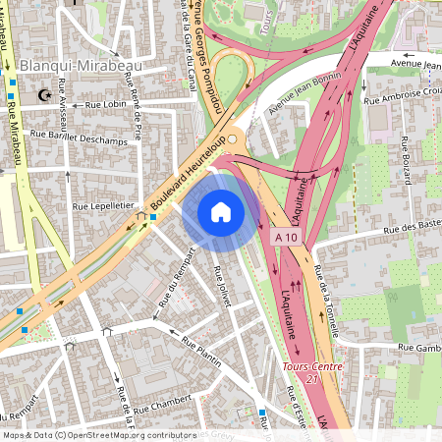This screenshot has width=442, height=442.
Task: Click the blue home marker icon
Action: pyautogui.click(x=221, y=212)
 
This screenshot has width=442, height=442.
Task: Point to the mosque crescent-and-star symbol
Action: pyautogui.click(x=41, y=95)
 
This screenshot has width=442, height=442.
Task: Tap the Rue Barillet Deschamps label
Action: pyautogui.click(x=80, y=136)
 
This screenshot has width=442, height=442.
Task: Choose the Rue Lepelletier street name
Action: pyautogui.click(x=102, y=207)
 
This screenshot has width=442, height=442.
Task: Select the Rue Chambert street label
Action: pyautogui.click(x=161, y=403)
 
